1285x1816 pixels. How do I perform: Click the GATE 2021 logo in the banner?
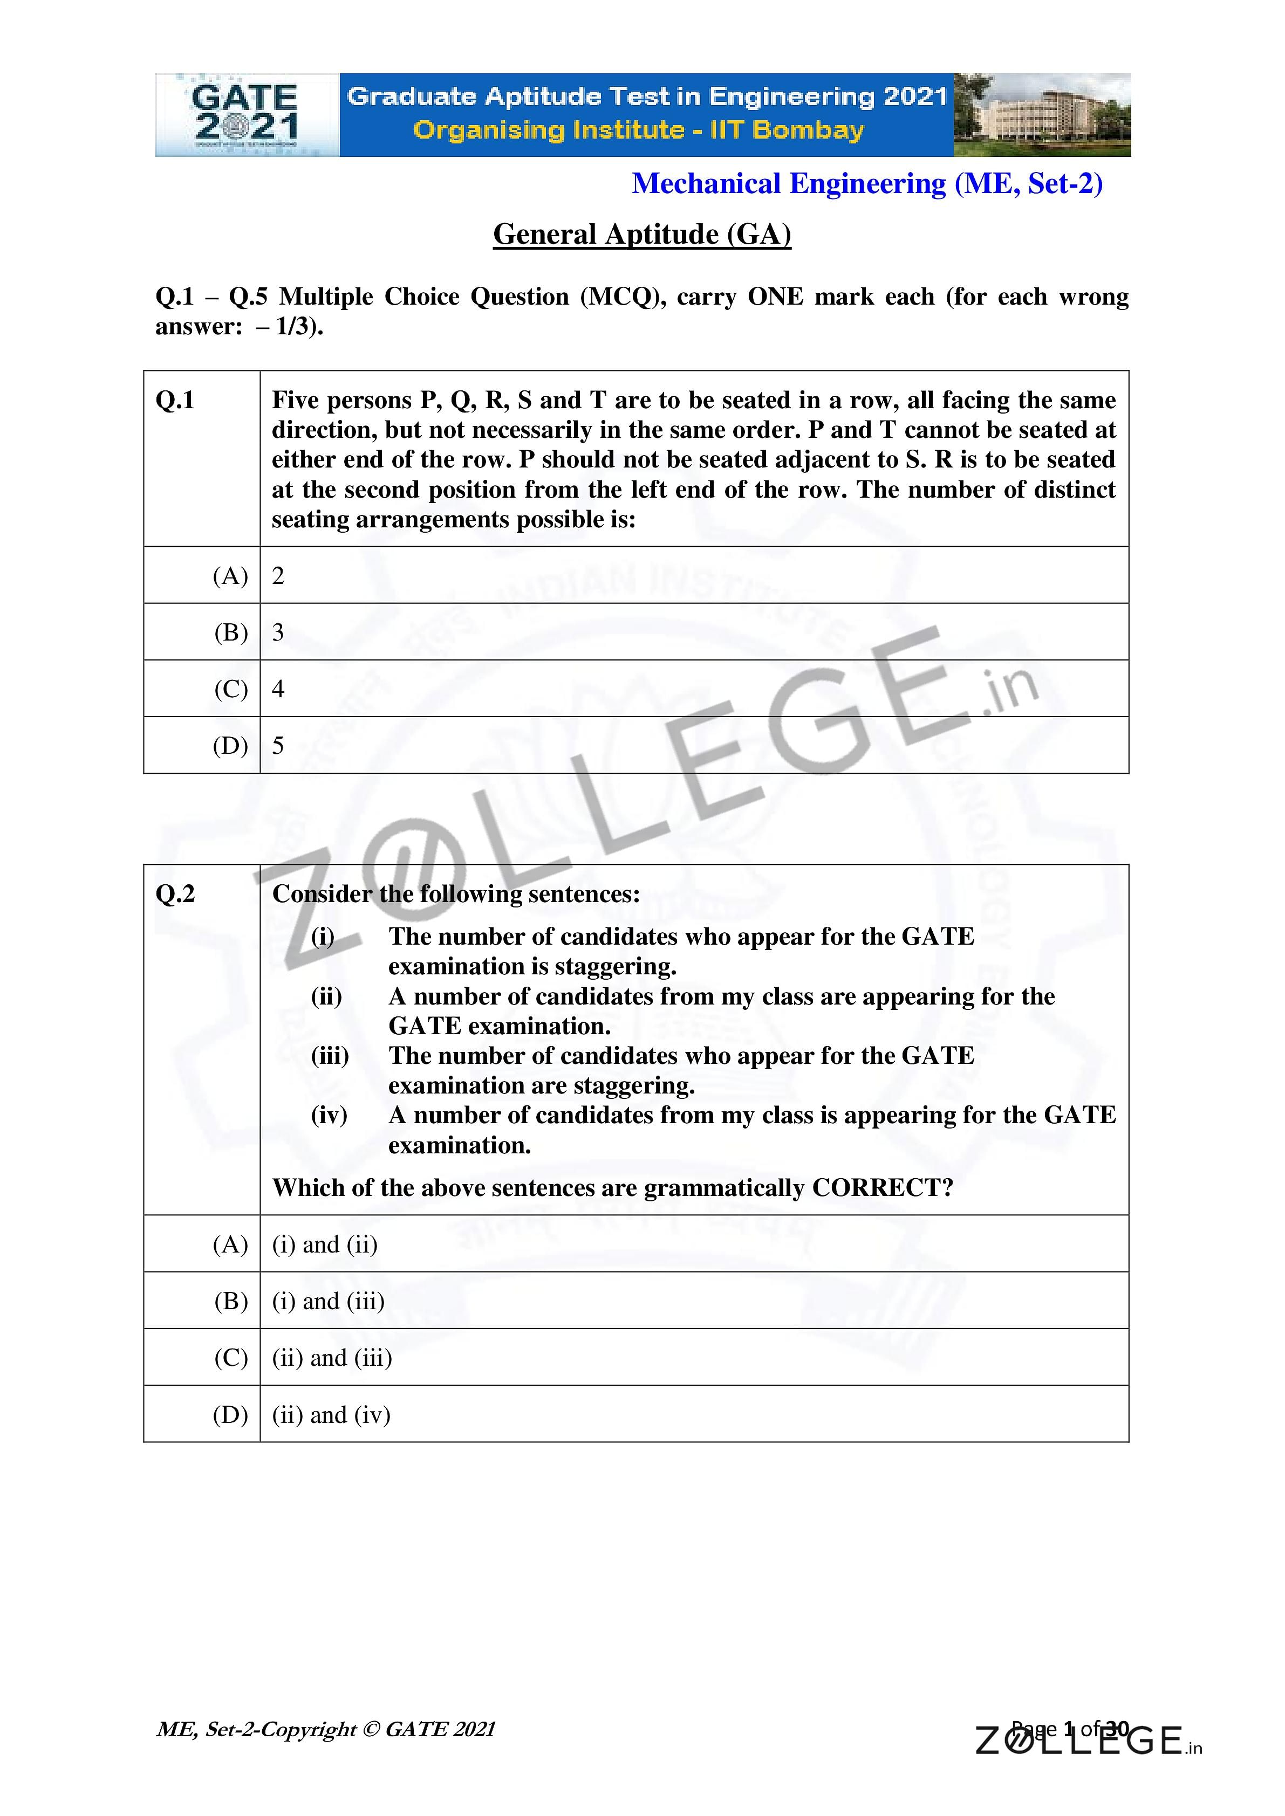coord(246,115)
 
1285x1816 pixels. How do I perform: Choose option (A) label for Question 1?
coord(230,576)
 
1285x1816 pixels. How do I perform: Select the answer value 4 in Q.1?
coord(278,689)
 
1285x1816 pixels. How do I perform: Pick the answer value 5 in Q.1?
coord(278,746)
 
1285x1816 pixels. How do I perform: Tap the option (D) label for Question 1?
coord(230,746)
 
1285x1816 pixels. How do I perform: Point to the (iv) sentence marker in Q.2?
coord(329,1115)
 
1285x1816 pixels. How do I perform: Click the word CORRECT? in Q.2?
coord(882,1188)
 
